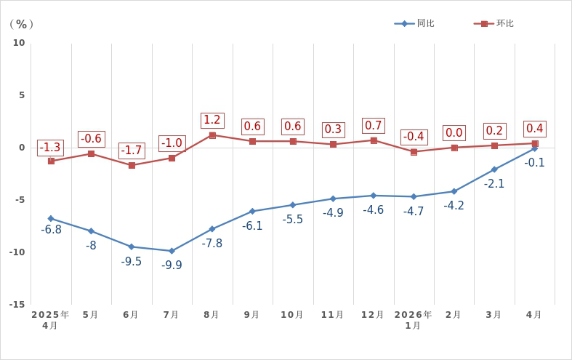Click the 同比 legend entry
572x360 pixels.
(414, 23)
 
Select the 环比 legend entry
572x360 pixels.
(494, 23)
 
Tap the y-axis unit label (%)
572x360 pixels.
(22, 24)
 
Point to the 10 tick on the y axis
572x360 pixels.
(19, 43)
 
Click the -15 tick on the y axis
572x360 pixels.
(17, 304)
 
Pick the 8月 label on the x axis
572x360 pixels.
(212, 314)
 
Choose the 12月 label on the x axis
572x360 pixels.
(372, 314)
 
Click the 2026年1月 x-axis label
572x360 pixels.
(413, 320)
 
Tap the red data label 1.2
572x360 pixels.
(212, 120)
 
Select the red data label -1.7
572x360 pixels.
(132, 151)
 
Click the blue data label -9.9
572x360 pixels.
(172, 265)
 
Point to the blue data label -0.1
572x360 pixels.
(534, 162)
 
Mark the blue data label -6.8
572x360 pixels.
(51, 230)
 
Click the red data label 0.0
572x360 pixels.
(454, 132)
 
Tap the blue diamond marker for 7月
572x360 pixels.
(172, 251)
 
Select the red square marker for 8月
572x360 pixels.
(212, 135)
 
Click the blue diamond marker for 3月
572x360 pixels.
(494, 169)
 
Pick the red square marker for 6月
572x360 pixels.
(132, 165)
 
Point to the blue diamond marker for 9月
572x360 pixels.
(252, 211)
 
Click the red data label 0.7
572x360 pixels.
(374, 126)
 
